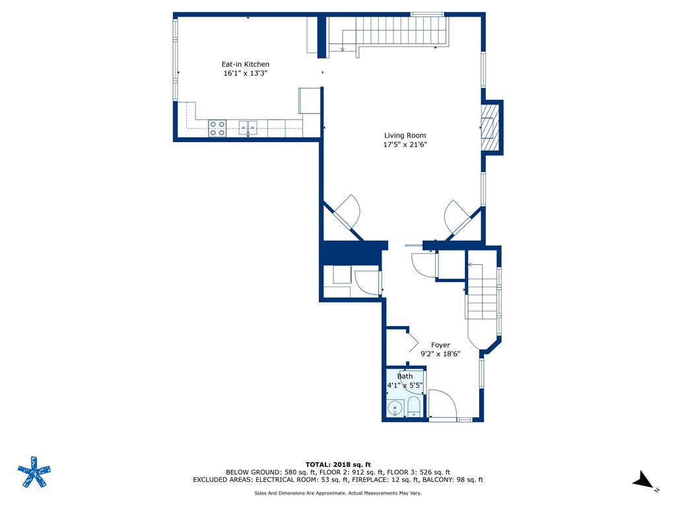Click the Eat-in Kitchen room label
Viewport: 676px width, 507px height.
pyautogui.click(x=245, y=64)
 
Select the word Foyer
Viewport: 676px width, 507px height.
pyautogui.click(x=440, y=345)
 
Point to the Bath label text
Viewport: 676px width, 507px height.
pyautogui.click(x=405, y=376)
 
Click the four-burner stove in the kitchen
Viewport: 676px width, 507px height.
pyautogui.click(x=218, y=128)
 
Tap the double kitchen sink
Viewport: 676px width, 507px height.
pyautogui.click(x=248, y=127)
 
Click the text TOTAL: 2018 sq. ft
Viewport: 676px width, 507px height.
pyautogui.click(x=337, y=464)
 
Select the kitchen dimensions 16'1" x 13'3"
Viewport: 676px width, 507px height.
pyautogui.click(x=245, y=74)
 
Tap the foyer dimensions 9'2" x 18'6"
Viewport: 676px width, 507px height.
pyautogui.click(x=440, y=354)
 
